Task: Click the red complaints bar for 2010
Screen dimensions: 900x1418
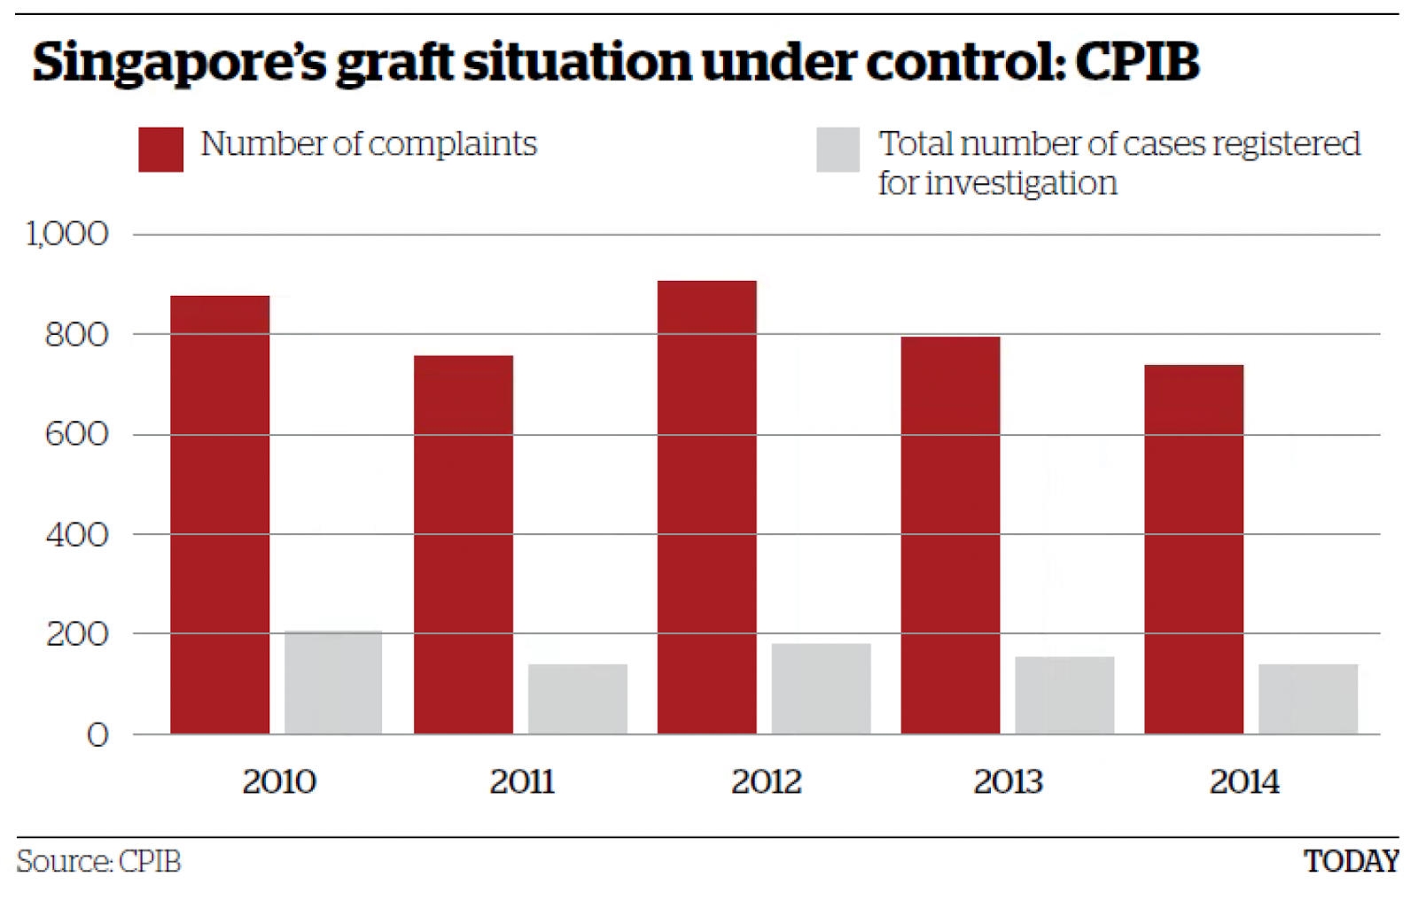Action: coord(220,514)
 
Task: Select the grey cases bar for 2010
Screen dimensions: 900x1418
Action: coord(333,682)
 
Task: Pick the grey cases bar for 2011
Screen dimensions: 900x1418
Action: coord(577,699)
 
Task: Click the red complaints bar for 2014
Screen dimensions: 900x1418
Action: coord(1193,549)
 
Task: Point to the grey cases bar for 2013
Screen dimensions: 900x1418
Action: coord(1063,695)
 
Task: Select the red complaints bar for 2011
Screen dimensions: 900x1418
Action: coord(463,544)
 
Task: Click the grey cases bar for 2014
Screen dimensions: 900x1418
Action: coord(1307,699)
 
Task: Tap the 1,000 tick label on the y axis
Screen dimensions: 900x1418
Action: coord(67,234)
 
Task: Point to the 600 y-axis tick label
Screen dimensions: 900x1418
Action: coord(77,434)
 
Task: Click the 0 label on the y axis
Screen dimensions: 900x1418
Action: coord(97,735)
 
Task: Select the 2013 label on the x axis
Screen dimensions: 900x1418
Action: coord(1008,781)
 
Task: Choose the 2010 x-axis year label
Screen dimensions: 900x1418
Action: coord(279,781)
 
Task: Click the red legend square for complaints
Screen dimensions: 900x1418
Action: coord(160,149)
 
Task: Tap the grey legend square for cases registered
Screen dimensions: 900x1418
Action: coord(838,149)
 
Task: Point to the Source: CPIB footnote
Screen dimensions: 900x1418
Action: coord(98,861)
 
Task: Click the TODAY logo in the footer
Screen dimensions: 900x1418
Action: coord(1350,861)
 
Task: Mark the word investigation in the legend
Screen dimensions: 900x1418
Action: coord(1021,183)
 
